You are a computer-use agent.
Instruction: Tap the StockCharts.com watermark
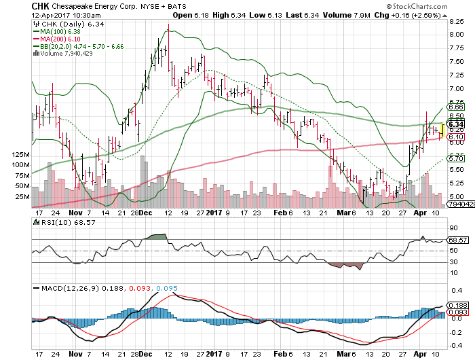[434, 6]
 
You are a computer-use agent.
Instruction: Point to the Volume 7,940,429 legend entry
[64, 53]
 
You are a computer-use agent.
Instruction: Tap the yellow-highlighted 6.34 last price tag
[456, 124]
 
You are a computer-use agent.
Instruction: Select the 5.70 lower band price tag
[456, 158]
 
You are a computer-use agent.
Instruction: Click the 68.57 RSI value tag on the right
[459, 240]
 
